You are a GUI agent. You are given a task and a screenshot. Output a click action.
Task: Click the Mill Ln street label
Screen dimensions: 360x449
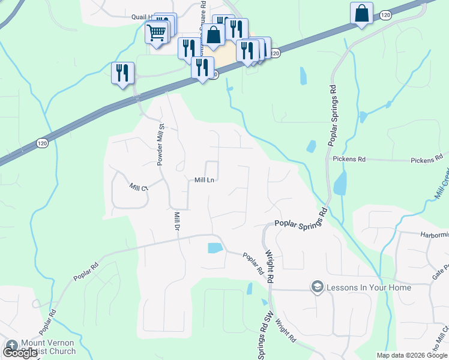click(x=205, y=179)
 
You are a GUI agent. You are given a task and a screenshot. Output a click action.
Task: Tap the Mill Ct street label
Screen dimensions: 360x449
click(x=138, y=187)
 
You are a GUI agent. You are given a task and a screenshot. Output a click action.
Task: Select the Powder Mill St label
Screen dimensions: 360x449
click(x=160, y=143)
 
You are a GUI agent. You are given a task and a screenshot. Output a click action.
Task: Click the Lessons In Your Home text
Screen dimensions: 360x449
click(x=369, y=288)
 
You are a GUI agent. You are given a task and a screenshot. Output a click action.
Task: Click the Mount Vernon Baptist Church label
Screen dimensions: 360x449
click(x=48, y=347)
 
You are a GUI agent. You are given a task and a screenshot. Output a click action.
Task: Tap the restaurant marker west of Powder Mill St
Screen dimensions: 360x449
click(x=122, y=73)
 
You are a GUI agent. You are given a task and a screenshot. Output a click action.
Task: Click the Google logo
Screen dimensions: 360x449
click(x=20, y=353)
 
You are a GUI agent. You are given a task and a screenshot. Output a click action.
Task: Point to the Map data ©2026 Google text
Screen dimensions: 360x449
click(x=412, y=355)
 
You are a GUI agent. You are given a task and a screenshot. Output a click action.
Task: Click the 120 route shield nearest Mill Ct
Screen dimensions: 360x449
click(x=41, y=143)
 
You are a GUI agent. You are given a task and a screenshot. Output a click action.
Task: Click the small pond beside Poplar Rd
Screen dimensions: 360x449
click(x=214, y=248)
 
